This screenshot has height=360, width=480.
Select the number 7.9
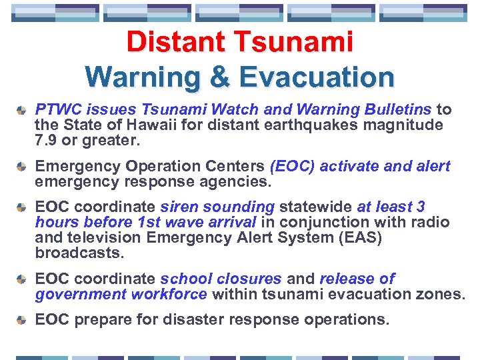tap(46, 141)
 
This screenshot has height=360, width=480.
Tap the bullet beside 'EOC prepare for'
tap(22, 319)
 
